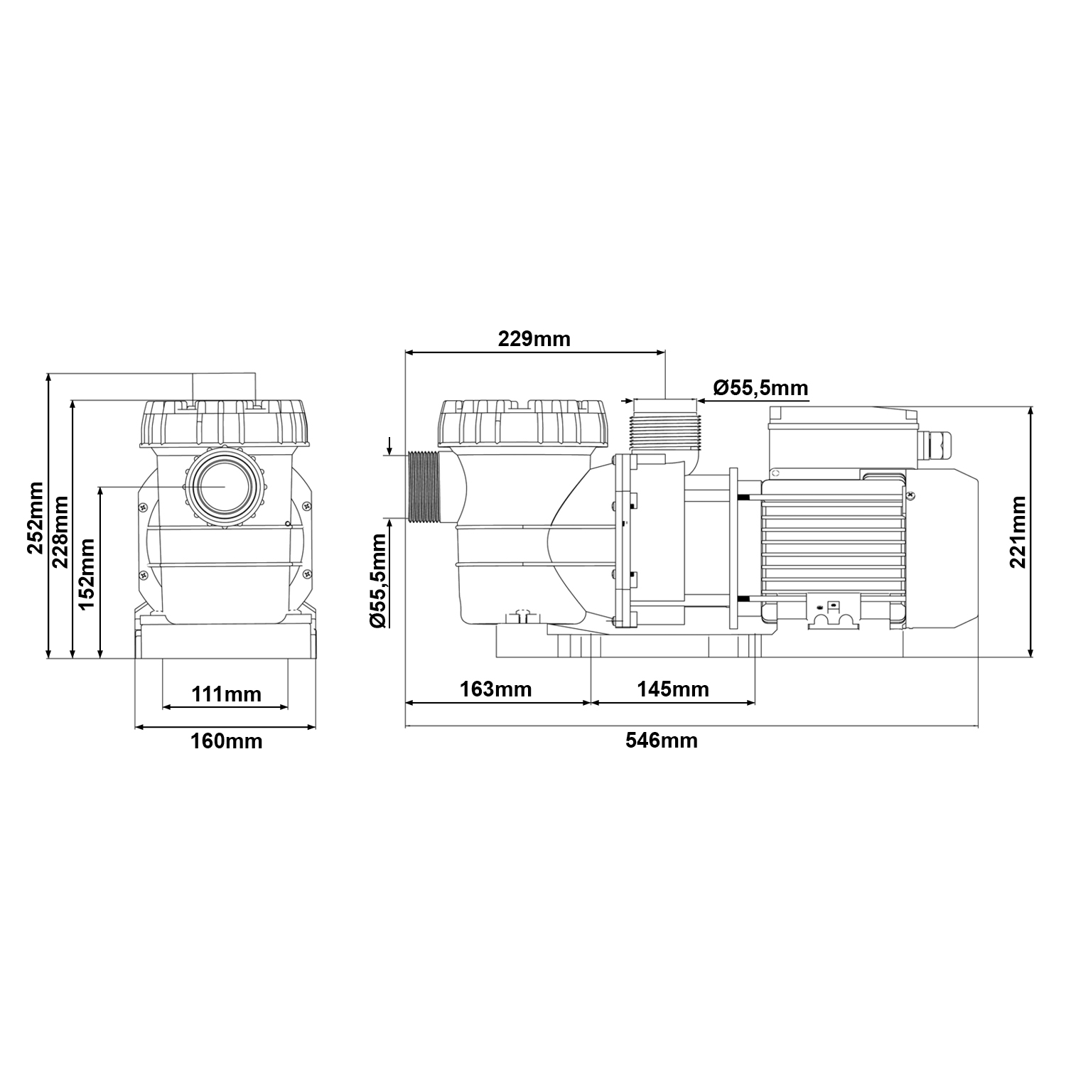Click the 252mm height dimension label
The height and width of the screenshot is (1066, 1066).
point(35,517)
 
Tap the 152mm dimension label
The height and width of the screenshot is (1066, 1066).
point(87,574)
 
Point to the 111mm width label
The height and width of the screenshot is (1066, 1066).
point(225,693)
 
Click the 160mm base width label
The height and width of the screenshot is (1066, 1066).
point(226,741)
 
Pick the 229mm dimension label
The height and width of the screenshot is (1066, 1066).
point(534,338)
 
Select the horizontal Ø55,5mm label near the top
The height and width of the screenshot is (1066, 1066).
point(760,388)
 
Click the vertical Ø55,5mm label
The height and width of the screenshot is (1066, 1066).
point(379,580)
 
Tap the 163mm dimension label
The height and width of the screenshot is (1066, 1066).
point(496,689)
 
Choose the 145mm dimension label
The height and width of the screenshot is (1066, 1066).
point(673,689)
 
